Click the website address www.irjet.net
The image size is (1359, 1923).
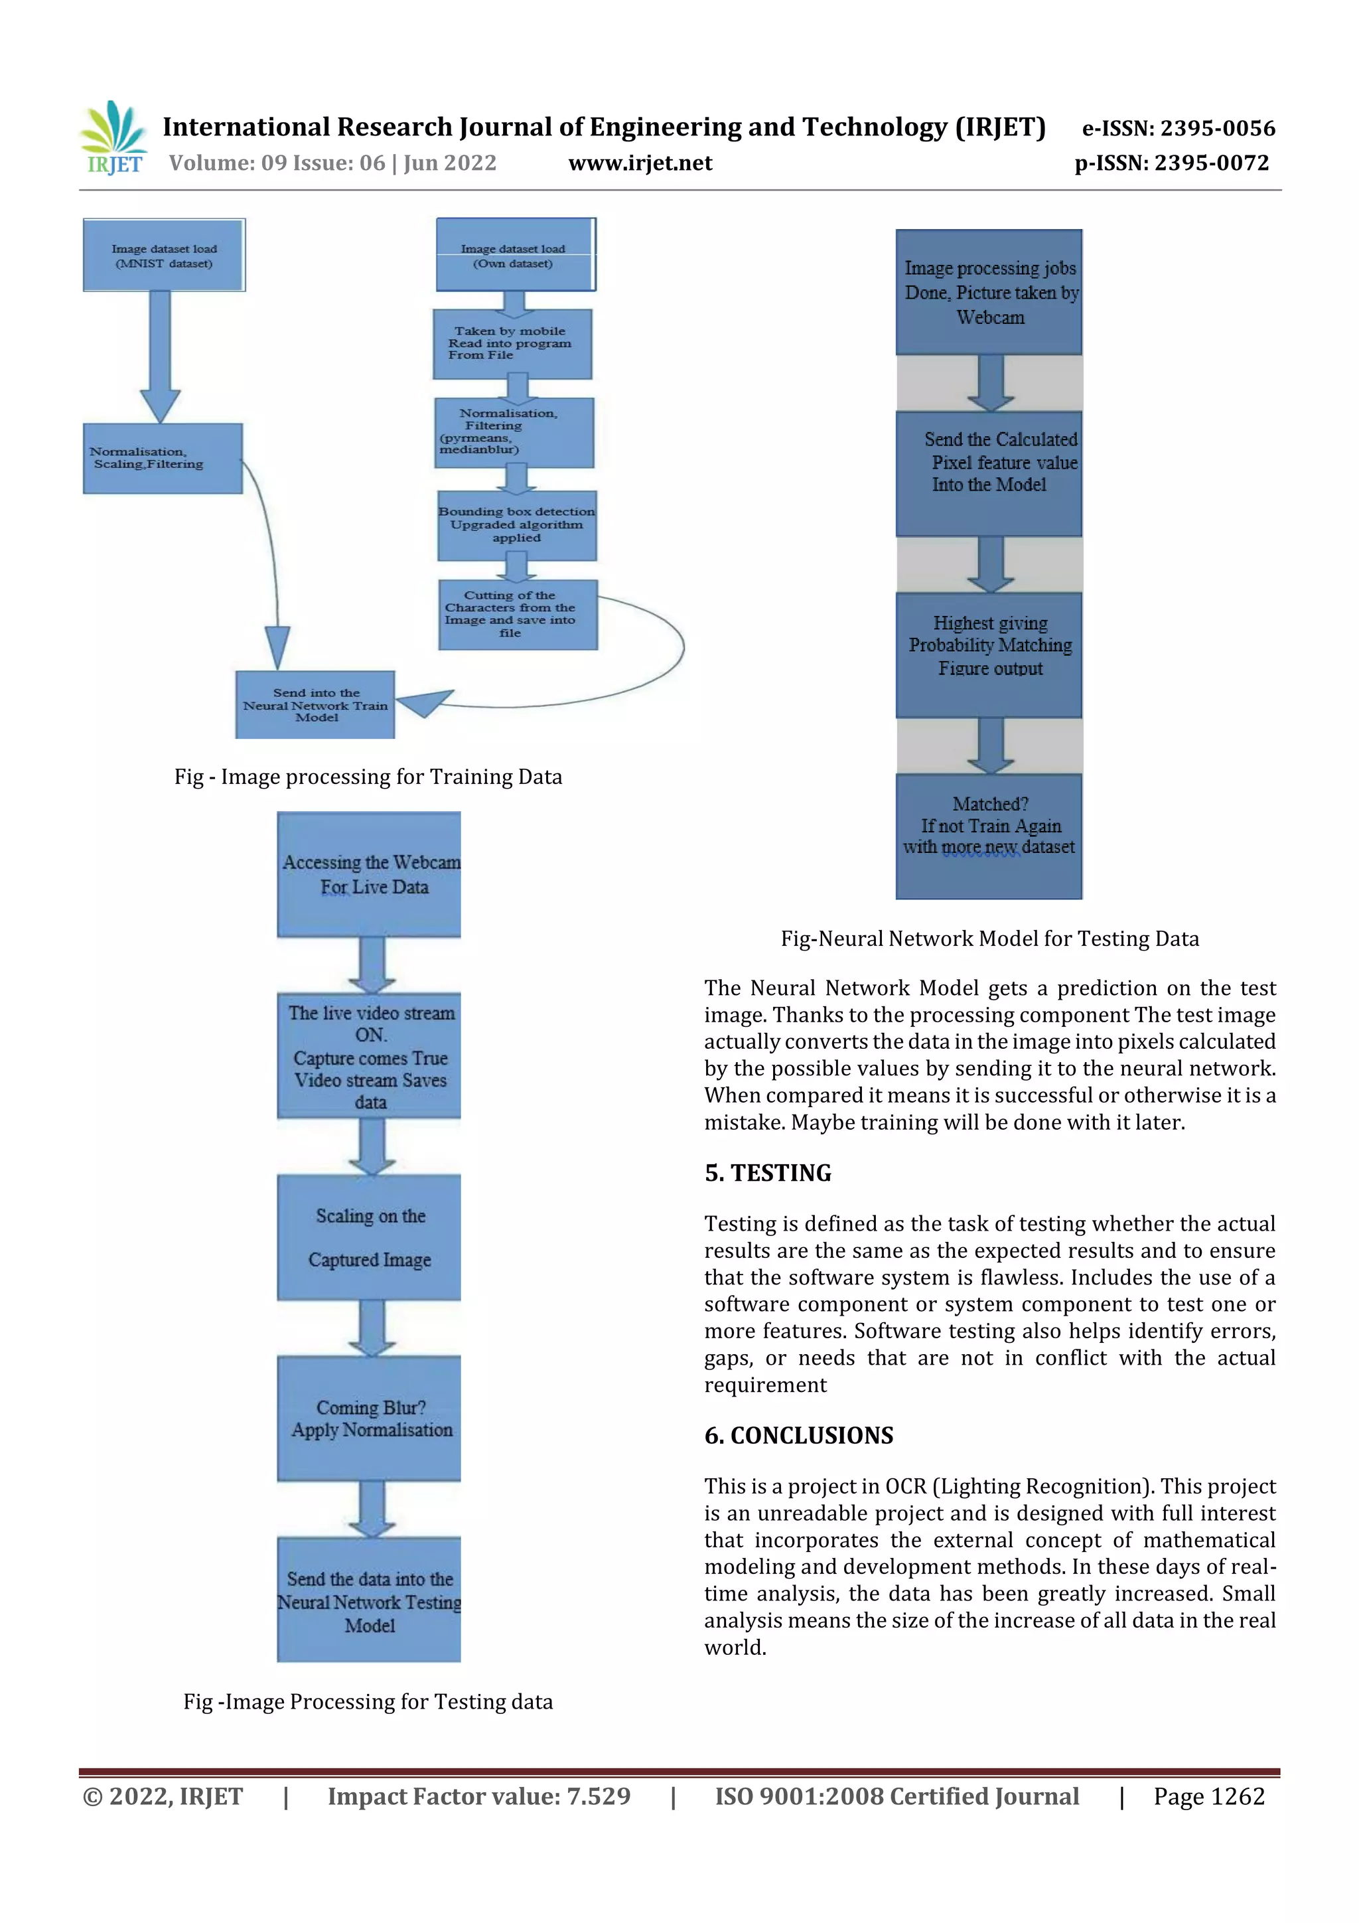[640, 163]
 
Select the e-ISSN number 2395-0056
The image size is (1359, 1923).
[1178, 128]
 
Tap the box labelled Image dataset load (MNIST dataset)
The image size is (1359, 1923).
[164, 256]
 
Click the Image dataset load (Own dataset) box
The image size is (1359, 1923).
[514, 256]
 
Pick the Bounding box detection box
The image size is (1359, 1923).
[517, 525]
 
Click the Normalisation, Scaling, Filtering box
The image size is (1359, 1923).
[163, 458]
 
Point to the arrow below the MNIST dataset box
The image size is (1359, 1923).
[160, 355]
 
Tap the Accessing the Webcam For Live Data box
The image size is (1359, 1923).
[369, 874]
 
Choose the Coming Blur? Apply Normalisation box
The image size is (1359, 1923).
[369, 1418]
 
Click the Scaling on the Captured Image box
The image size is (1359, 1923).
[369, 1237]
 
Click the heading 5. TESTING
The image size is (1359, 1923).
[768, 1172]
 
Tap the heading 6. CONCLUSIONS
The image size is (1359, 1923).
[799, 1436]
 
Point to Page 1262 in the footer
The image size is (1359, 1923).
[1208, 1796]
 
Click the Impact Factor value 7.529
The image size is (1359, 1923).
[479, 1796]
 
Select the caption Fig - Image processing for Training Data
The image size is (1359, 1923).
[368, 777]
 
